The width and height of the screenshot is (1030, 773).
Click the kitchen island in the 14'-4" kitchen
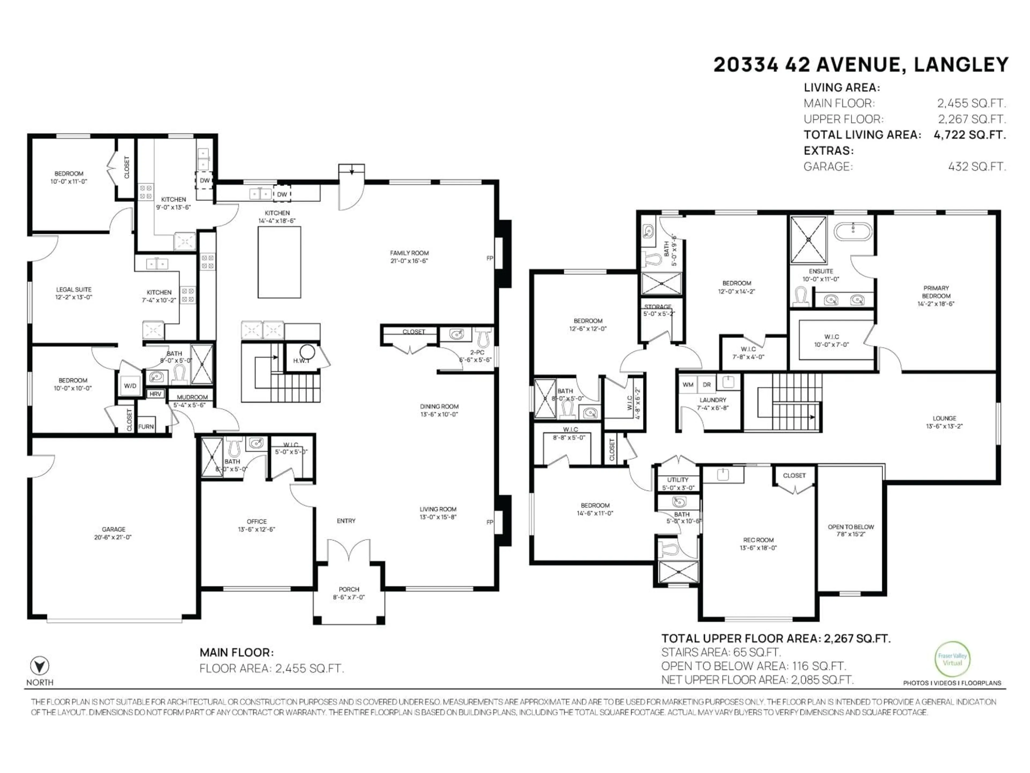279,262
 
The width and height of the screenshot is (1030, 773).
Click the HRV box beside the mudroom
155,394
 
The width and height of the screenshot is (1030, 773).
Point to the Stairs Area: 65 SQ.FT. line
721,652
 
